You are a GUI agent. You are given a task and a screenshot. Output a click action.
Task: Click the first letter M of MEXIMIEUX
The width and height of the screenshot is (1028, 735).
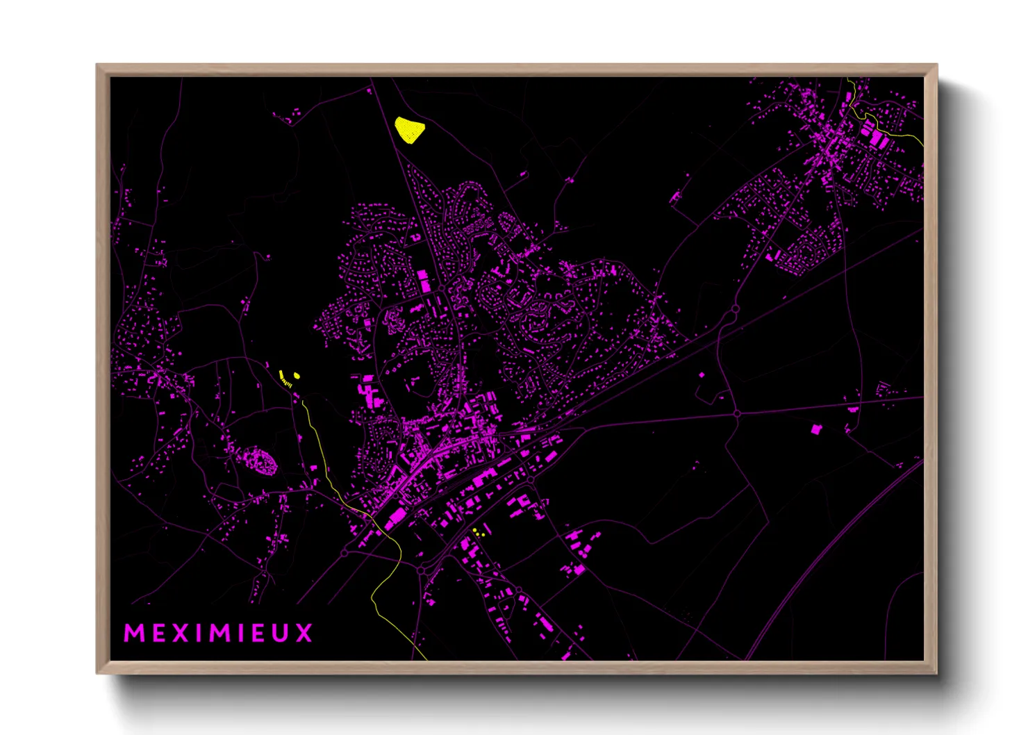[x=135, y=633]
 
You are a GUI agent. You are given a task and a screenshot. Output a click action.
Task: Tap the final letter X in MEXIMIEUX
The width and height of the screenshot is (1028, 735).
[x=304, y=633]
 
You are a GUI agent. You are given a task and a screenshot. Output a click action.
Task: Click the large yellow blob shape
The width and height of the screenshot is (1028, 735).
[x=409, y=129]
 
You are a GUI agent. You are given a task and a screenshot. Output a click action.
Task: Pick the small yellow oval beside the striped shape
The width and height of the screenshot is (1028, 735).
[x=297, y=376]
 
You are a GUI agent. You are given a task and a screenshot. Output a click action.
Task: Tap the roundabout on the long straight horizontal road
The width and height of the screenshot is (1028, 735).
[x=737, y=413]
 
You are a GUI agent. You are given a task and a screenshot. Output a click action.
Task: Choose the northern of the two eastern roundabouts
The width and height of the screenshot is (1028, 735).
[x=735, y=308]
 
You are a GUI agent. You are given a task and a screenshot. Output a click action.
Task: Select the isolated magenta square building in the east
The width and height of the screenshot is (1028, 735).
[x=816, y=429]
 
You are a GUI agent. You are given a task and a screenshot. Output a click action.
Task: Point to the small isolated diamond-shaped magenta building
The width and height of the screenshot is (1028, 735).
[x=701, y=375]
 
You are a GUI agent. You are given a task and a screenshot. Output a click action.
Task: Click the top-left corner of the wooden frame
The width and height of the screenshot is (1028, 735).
[x=98, y=65]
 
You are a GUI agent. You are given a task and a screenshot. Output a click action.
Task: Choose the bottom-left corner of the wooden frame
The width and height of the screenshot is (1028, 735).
[x=98, y=672]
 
